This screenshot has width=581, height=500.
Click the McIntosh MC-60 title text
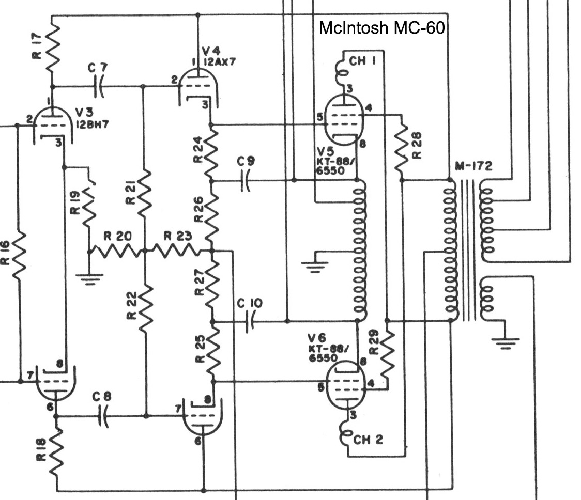pos(381,27)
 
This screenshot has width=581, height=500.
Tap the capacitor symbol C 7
pos(100,87)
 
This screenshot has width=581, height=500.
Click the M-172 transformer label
pos(473,166)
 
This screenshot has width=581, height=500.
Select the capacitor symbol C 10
pos(251,322)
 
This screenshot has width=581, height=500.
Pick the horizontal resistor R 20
pos(117,252)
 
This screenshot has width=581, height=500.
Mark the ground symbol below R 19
pos(89,278)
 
